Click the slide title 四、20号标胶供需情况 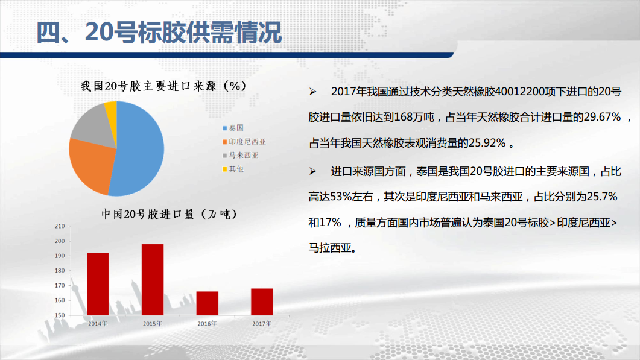click(x=159, y=32)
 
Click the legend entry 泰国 click(x=233, y=128)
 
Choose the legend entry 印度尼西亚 click(x=244, y=142)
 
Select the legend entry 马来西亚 click(x=240, y=155)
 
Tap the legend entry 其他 click(x=233, y=169)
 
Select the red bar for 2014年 click(x=98, y=284)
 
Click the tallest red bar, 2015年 click(x=153, y=280)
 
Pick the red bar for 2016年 click(x=208, y=303)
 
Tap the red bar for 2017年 click(x=262, y=302)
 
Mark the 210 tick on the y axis click(x=60, y=226)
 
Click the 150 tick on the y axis click(x=60, y=315)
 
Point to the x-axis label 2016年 click(x=208, y=324)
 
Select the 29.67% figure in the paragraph click(x=602, y=117)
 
